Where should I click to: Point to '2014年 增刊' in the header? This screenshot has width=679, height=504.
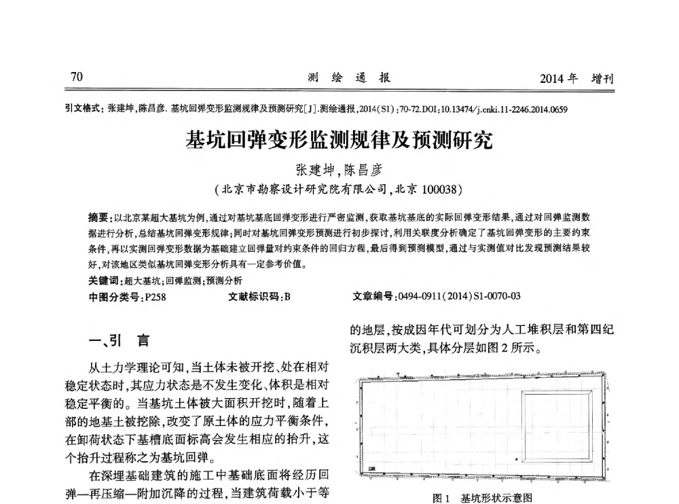coord(576,79)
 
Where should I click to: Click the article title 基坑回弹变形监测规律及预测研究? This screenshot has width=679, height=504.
coord(339,141)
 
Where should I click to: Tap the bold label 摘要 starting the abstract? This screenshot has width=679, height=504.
coord(98,217)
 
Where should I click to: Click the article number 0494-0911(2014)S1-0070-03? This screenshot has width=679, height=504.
coord(460,296)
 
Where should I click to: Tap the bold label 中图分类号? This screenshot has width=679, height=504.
coord(111,296)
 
